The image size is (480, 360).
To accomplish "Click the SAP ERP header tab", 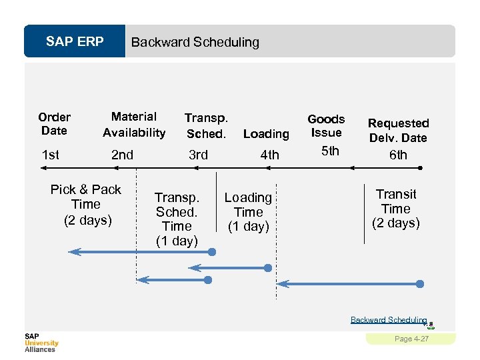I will pos(75,42).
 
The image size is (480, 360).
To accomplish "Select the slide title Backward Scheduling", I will pos(195,43).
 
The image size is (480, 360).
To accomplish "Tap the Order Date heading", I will pos(54,123).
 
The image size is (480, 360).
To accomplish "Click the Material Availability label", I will pos(134,125).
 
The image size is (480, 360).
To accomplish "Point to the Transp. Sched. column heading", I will pos(206,125).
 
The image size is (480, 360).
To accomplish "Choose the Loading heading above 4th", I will pos(266,134).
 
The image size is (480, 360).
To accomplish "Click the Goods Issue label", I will pos(326,125).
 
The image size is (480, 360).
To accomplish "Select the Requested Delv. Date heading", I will pos(398,130).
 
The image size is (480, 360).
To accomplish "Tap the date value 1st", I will pos(50,155).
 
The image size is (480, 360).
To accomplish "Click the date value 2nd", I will pos(122,155).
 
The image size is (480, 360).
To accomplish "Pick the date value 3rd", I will pos(198,155).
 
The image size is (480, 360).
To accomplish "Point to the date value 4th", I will pos(269,155).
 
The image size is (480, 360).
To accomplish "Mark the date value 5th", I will pos(330,151).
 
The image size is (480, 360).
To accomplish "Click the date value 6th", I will pos(398,155).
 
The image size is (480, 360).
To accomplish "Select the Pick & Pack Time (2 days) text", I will pos(86,205).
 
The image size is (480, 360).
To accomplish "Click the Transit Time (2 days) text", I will pos(396,209).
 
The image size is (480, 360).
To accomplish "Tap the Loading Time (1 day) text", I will pos(248,212).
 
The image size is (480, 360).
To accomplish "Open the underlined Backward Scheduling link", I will pos(389,320).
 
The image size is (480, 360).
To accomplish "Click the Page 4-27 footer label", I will pos(411,339).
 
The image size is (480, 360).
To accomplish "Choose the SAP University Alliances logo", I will pos(41,342).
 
